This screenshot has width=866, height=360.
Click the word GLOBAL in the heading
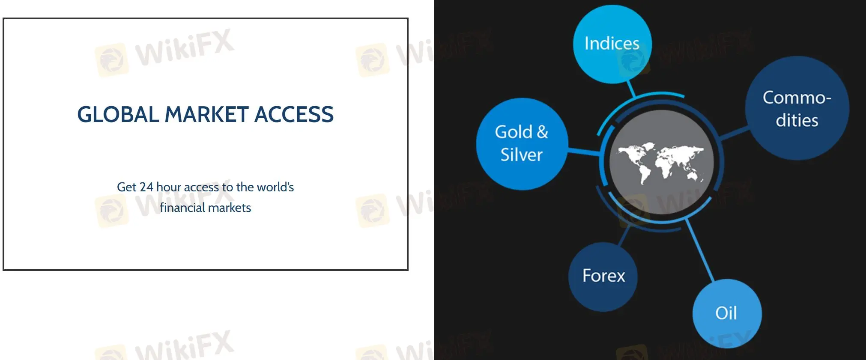click(x=118, y=114)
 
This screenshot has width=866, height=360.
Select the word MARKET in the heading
click(x=206, y=114)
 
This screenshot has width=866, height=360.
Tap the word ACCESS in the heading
click(x=294, y=114)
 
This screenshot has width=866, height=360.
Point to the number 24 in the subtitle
click(x=146, y=187)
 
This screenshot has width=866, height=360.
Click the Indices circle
click(x=612, y=44)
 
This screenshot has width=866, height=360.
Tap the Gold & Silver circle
click(x=522, y=144)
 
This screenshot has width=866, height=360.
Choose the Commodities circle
click(x=797, y=108)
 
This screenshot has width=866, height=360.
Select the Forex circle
click(x=603, y=277)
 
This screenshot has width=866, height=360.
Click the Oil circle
click(x=727, y=313)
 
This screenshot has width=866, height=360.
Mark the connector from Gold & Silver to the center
click(x=584, y=152)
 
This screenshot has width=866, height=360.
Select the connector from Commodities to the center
click(x=734, y=133)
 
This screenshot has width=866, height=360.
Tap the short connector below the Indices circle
click(x=631, y=89)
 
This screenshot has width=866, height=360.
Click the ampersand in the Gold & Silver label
click(x=542, y=132)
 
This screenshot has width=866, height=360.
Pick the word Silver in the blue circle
click(x=522, y=155)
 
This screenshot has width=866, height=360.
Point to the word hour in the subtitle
click(x=169, y=187)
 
